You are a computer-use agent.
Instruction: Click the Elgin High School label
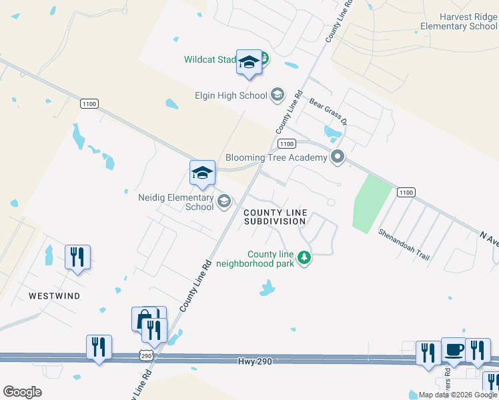(230, 95)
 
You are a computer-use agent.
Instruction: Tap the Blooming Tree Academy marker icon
(338, 157)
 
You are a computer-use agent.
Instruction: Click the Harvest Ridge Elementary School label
(459, 21)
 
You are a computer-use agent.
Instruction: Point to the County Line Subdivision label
(275, 217)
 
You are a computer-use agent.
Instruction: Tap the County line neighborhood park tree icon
(304, 257)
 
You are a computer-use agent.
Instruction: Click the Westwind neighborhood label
(55, 295)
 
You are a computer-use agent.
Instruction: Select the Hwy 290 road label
(256, 361)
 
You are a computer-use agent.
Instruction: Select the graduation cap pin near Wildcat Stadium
(249, 63)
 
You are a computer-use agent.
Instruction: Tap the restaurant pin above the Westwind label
(77, 257)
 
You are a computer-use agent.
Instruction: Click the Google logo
(23, 392)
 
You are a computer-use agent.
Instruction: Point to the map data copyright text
(458, 395)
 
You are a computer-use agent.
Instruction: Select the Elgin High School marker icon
(278, 95)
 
